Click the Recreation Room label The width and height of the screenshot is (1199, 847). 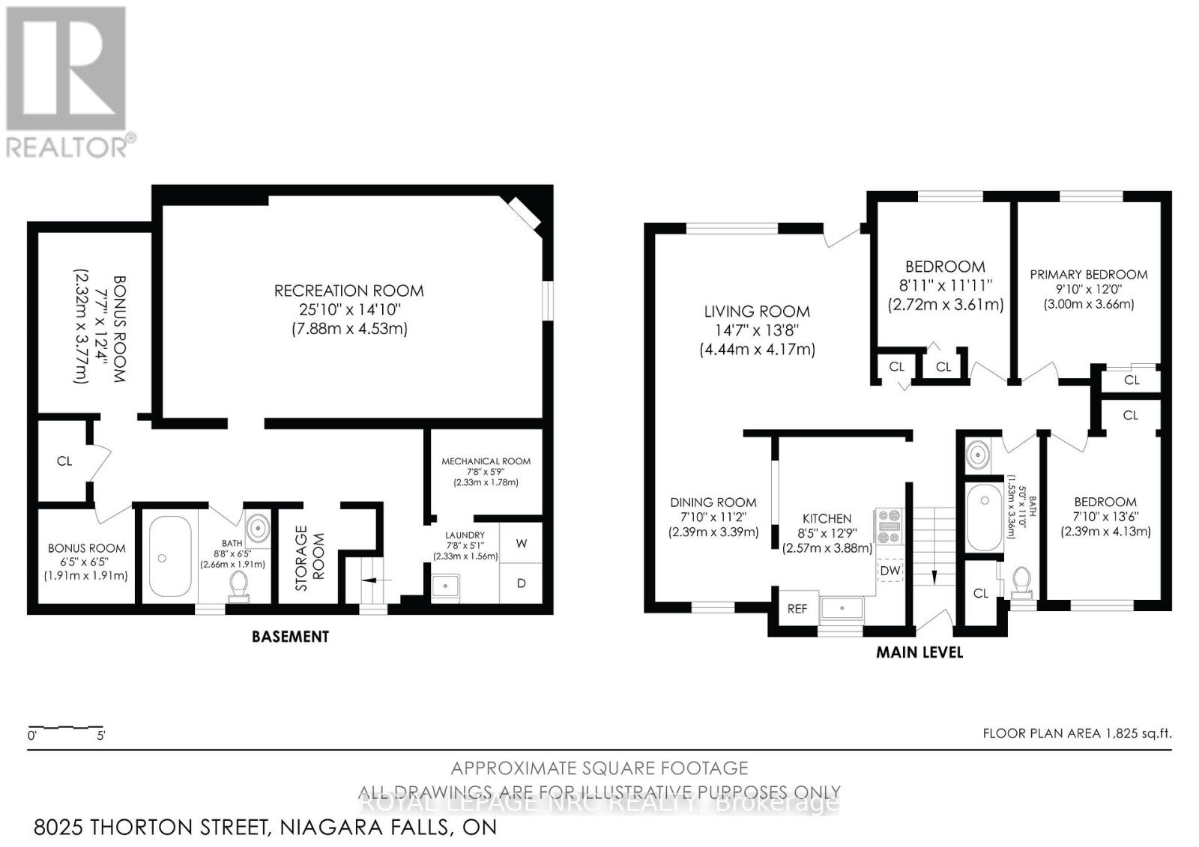348,291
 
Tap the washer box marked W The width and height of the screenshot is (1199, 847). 522,543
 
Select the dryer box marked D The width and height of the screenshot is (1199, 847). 522,583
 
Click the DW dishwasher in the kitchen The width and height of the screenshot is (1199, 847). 890,571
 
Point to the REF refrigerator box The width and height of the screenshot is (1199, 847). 797,609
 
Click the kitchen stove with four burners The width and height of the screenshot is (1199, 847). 890,526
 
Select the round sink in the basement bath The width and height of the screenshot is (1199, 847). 258,528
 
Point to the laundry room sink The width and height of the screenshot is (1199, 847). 447,585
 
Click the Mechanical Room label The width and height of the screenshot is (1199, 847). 486,461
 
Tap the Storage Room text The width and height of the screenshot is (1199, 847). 309,558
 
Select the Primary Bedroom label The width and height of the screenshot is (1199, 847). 1088,275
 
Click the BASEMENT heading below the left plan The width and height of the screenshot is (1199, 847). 290,637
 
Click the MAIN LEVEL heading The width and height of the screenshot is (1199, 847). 919,652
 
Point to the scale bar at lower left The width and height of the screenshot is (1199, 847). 66,728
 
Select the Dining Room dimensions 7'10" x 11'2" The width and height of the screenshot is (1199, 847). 713,517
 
